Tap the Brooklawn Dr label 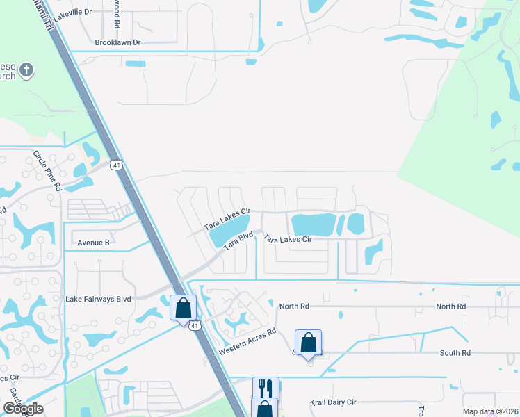tap(117, 42)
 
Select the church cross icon tap(26, 70)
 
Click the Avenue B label tap(93, 243)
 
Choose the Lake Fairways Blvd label tap(98, 299)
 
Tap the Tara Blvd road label tap(238, 247)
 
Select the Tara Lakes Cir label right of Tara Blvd tap(287, 239)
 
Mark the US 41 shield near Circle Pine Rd tap(116, 165)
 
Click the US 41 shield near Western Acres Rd tap(195, 325)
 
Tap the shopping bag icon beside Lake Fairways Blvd tap(183, 306)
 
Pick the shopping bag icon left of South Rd tap(308, 342)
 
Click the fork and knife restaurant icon tap(265, 387)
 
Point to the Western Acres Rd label tap(247, 342)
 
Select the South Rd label tap(455, 353)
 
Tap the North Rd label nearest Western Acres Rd tap(293, 306)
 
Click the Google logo tap(22, 409)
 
